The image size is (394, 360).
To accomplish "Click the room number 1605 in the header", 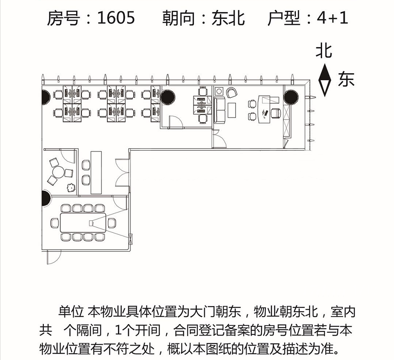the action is tap(116, 18).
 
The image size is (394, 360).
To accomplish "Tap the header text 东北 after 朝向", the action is tap(228, 18).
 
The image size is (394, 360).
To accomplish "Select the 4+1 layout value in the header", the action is tap(332, 18).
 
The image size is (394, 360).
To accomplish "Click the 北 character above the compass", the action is tap(324, 51).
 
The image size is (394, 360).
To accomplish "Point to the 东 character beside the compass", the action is tap(346, 79).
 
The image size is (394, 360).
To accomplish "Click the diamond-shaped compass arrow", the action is tap(324, 80).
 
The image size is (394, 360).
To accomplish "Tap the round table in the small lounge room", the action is tap(59, 172).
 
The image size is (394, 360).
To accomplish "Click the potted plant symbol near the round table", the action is tap(71, 188).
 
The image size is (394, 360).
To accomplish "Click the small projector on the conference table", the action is tap(91, 223).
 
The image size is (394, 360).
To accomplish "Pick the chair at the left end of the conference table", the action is tap(55, 223).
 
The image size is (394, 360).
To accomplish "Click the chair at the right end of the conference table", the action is tap(112, 223).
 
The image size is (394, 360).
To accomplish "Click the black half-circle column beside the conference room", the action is tap(46, 198).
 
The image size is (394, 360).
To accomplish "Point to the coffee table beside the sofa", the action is tap(232, 110).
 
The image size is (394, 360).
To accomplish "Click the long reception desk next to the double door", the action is tap(96, 172).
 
